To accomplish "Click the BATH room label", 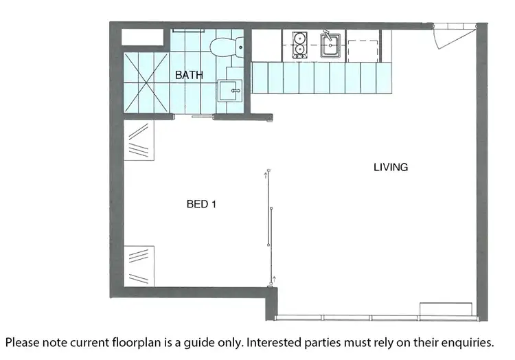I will [189, 75].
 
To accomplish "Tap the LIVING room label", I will [391, 167].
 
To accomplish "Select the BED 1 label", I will [202, 204].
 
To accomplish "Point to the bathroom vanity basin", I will [229, 91].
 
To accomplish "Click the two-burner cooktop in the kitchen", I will [300, 45].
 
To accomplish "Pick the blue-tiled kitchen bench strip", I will [321, 78].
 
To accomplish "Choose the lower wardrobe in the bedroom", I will [139, 265].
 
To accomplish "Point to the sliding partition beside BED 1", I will [271, 226].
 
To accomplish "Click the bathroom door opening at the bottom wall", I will [202, 117].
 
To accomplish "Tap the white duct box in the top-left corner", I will [141, 37].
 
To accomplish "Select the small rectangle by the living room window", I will [445, 308].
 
